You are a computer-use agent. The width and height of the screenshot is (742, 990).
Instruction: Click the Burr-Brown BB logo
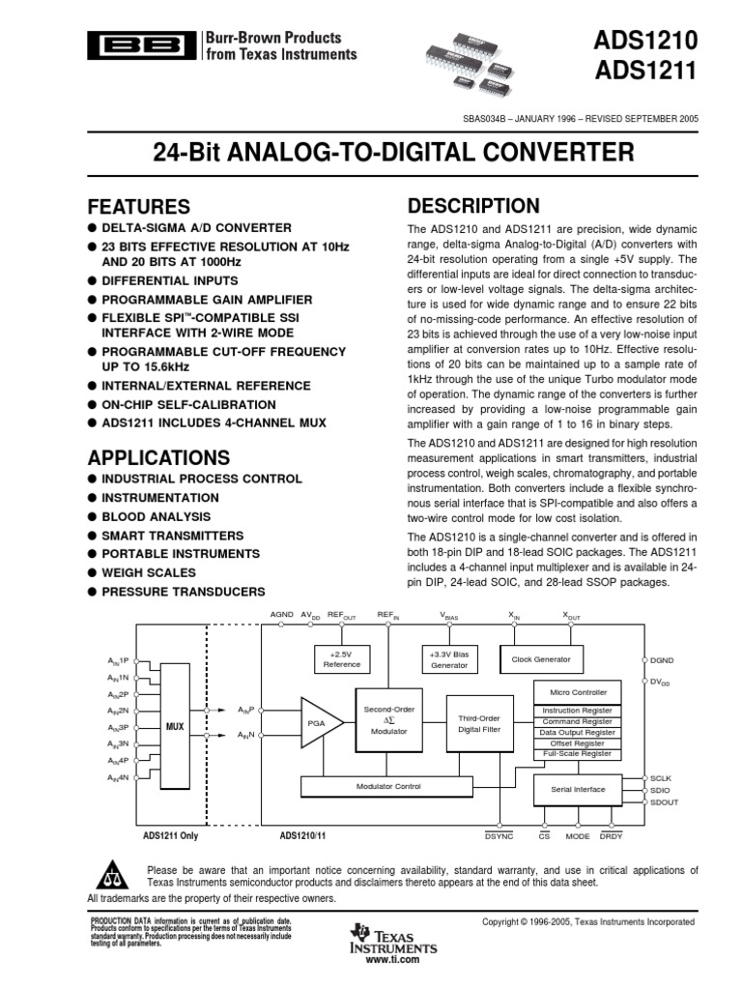(x=140, y=44)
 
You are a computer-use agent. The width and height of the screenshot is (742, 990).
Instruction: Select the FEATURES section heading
(x=139, y=207)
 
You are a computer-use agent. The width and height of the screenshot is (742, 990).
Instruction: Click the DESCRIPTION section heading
(x=473, y=206)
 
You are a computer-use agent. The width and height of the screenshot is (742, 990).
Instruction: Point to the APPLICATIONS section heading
(x=159, y=457)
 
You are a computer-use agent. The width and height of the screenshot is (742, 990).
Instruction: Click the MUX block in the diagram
(x=175, y=725)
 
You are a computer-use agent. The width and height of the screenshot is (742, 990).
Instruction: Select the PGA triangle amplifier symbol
(x=317, y=722)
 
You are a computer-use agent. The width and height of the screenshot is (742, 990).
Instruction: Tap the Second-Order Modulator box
(x=388, y=721)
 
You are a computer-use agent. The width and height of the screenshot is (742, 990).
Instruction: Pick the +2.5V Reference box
(x=341, y=659)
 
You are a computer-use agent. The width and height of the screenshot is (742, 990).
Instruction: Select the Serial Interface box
(x=578, y=789)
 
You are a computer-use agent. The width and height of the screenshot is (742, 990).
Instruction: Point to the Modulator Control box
(x=388, y=786)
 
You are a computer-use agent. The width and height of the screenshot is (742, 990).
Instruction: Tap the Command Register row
(x=576, y=721)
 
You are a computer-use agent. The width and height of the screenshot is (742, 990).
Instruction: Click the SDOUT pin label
(x=665, y=802)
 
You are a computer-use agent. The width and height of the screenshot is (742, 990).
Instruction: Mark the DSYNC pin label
(x=499, y=834)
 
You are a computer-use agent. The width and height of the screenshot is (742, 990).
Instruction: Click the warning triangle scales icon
(x=114, y=875)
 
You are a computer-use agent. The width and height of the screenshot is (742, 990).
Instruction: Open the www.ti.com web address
(x=393, y=959)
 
